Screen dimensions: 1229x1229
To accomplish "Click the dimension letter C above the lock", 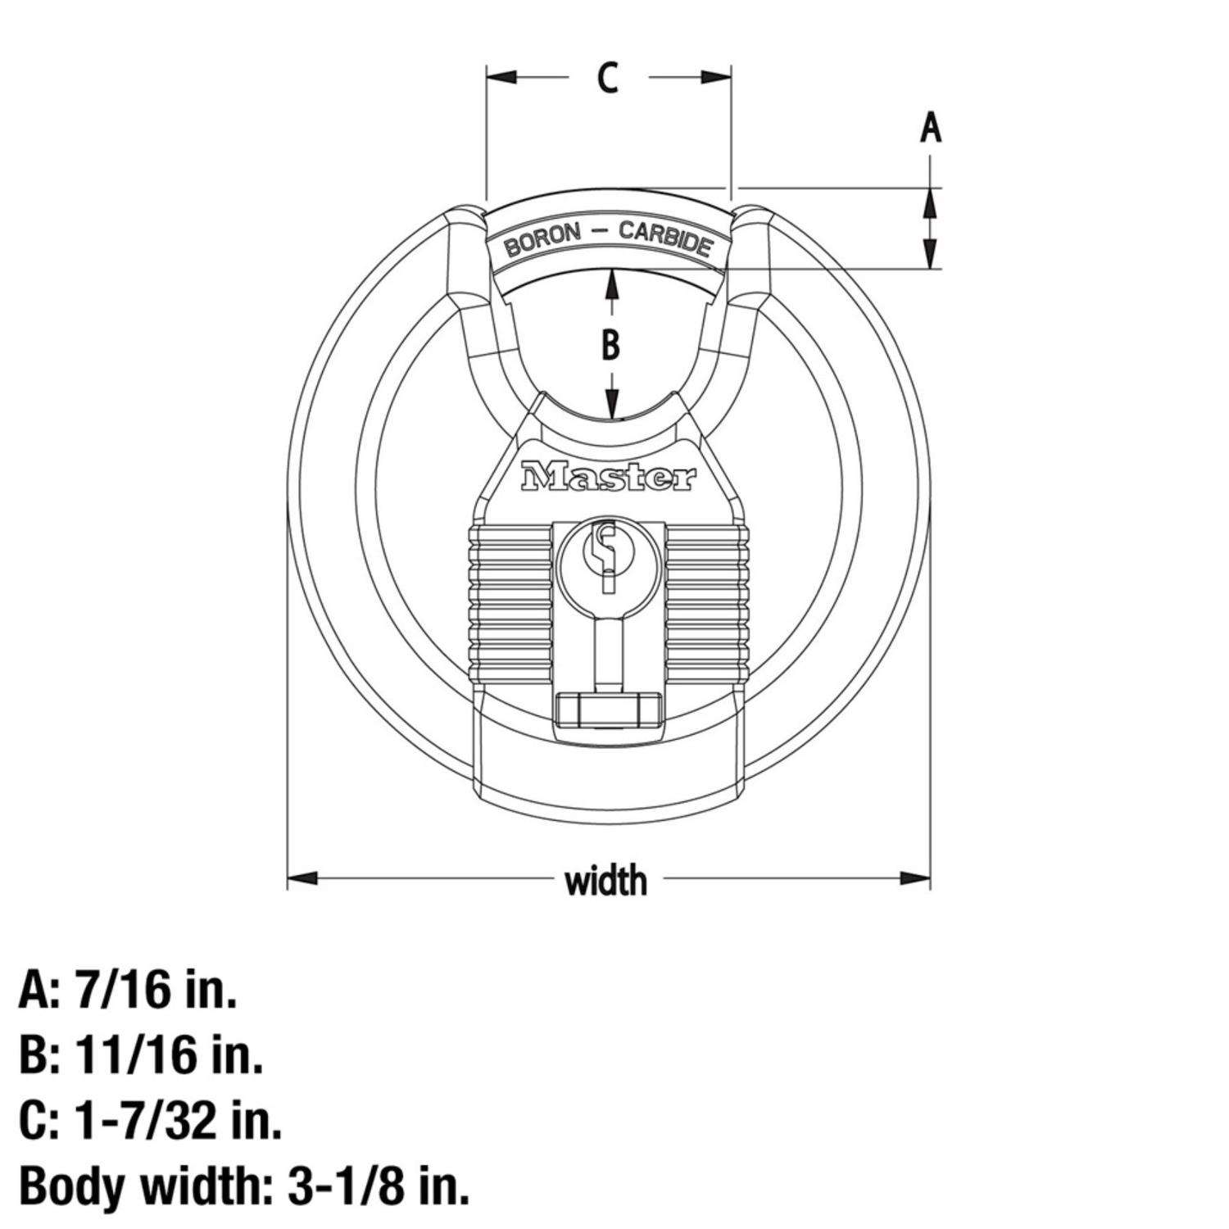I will click(607, 78).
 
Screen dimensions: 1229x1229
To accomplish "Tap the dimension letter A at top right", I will click(930, 129).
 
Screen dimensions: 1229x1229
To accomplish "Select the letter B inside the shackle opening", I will click(610, 345).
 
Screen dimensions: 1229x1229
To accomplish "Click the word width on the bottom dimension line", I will click(606, 881).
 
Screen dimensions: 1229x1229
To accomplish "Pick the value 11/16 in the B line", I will click(135, 1055).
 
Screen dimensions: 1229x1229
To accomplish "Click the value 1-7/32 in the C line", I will click(147, 1120).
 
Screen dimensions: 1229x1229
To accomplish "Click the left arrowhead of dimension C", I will click(501, 77).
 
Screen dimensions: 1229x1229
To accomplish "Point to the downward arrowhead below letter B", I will click(611, 407).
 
